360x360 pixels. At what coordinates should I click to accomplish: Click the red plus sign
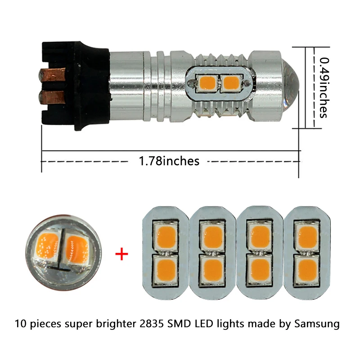[x=121, y=254]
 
